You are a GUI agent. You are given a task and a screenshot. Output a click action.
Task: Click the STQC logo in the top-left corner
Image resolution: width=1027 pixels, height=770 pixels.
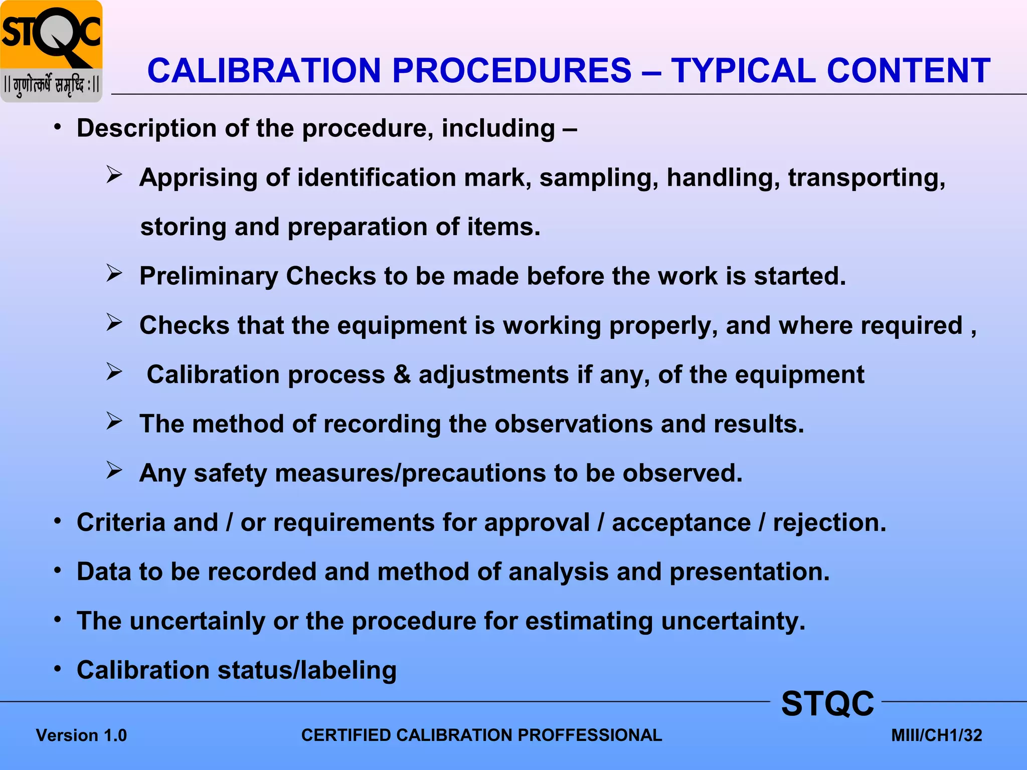51,51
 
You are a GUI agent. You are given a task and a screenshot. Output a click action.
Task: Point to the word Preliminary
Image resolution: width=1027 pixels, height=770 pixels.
208,276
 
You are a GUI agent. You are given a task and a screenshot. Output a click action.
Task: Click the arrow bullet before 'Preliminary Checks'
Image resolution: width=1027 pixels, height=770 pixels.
114,273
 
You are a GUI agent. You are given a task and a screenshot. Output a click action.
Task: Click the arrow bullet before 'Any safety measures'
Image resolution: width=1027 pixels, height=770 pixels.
114,470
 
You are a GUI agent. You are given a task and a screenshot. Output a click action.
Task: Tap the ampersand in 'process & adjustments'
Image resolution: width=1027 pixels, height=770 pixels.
402,374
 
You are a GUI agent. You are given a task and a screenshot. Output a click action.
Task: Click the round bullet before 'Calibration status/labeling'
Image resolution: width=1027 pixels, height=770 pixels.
58,669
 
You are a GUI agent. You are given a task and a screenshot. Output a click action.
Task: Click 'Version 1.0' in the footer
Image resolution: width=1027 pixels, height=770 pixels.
81,735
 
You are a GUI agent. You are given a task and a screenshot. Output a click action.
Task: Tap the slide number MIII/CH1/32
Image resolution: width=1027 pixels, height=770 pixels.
936,735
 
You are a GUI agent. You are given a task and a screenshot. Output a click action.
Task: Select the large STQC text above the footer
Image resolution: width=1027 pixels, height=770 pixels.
827,703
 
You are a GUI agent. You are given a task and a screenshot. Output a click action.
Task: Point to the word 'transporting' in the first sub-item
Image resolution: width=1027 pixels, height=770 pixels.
867,177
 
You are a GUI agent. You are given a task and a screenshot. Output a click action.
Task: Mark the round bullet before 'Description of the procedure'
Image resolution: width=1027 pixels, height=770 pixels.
58,127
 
